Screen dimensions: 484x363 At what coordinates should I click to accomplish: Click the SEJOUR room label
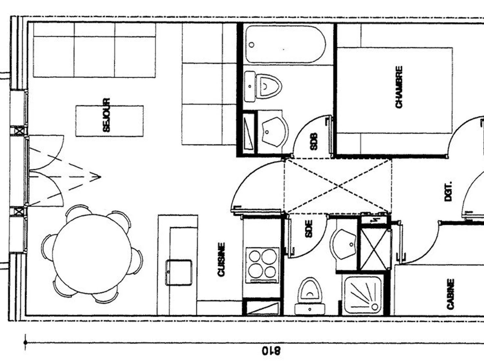pos(106,115)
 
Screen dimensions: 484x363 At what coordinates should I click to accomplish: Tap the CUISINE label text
pos(221,260)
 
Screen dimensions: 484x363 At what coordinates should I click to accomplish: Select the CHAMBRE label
pos(399,87)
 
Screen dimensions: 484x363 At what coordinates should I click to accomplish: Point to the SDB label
pos(314,142)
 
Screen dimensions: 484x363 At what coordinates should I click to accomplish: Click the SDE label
pos(309,229)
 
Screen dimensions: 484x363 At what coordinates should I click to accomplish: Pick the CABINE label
pos(451,294)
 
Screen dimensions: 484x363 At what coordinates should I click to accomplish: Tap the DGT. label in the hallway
pos(448,191)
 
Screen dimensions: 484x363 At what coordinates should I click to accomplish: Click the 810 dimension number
pos(271,350)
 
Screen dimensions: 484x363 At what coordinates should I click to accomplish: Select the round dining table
pos(92,254)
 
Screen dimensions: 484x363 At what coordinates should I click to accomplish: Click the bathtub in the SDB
pos(285,44)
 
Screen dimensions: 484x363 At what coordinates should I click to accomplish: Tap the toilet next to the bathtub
pos(263,86)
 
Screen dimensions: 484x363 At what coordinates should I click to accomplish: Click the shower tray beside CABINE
pos(363,295)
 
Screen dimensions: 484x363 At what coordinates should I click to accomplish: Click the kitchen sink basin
pos(179,273)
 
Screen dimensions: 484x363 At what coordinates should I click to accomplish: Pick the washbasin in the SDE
pos(343,244)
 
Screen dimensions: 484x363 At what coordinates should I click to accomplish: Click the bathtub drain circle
pos(251,45)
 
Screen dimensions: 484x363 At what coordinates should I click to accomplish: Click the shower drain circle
pos(374,307)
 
